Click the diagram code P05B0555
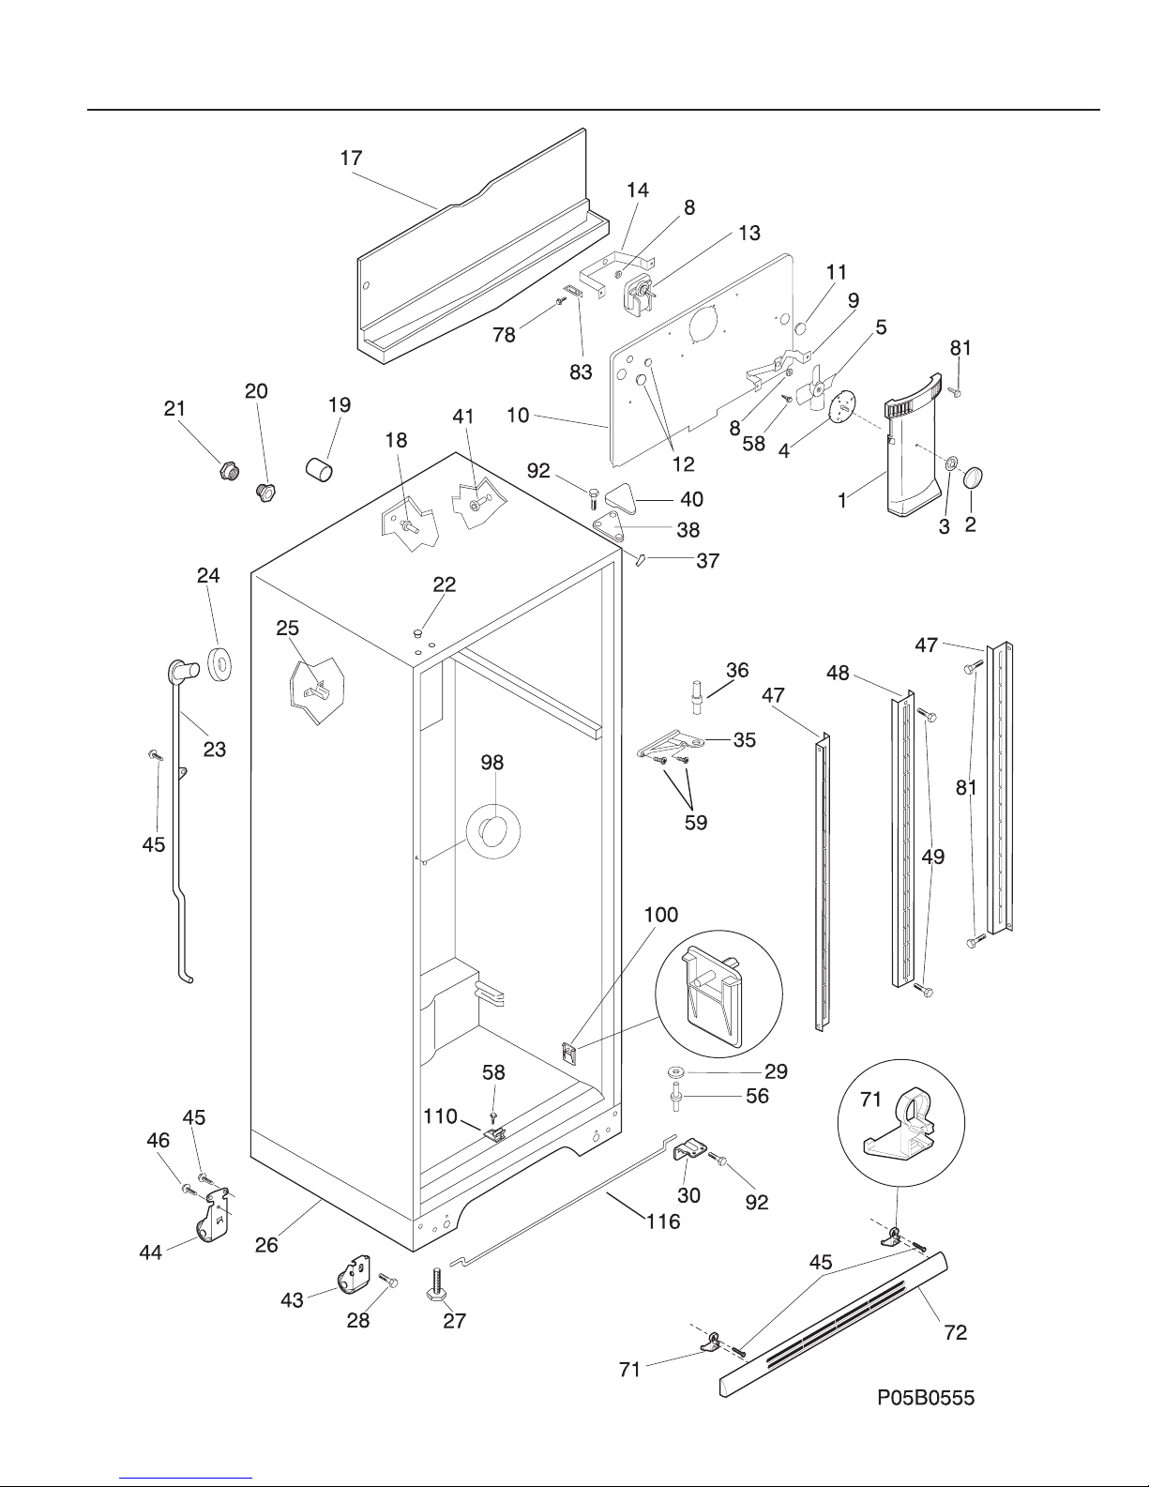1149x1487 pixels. pos(926,1397)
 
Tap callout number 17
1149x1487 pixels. pos(351,158)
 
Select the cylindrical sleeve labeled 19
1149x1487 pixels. pos(319,469)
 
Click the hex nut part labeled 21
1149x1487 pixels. pos(230,471)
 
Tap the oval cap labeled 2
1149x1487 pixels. pos(973,477)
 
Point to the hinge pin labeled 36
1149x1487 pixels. pos(698,697)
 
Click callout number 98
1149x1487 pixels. pos(492,763)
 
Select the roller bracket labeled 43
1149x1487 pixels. pos(353,1276)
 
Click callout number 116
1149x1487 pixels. pos(663,1221)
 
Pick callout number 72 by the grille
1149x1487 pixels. pos(956,1332)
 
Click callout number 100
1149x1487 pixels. pos(661,915)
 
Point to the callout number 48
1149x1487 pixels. pos(838,674)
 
